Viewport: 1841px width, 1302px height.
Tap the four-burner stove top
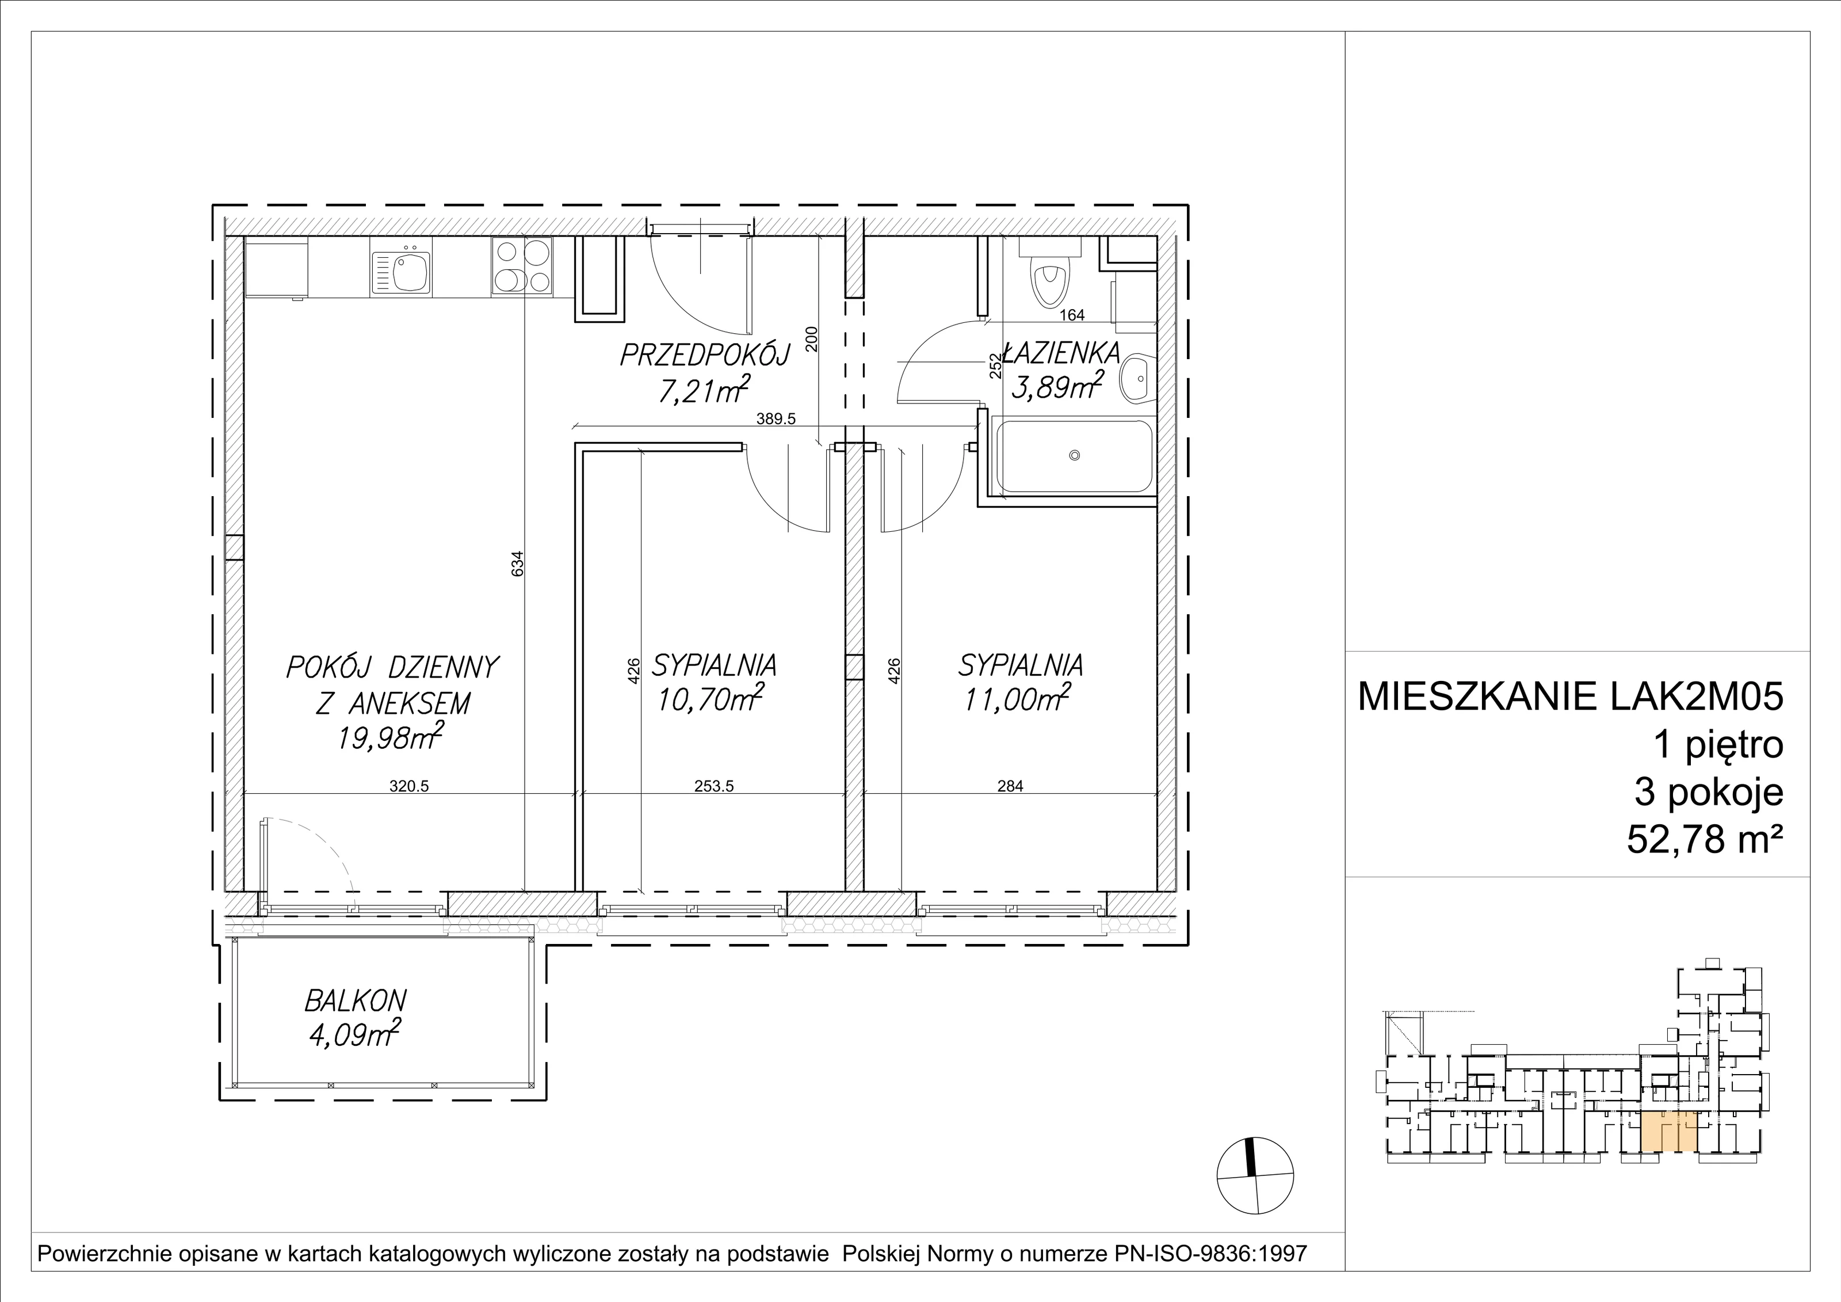[522, 267]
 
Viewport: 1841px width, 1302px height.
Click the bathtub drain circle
[1075, 456]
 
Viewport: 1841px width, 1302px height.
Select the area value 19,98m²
[391, 736]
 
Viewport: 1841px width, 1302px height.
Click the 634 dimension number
[518, 562]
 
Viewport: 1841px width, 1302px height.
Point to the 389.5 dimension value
[776, 418]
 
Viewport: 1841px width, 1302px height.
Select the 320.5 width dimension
[410, 787]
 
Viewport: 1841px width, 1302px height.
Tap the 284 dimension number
[1010, 787]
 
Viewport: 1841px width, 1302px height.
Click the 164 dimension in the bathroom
[1072, 315]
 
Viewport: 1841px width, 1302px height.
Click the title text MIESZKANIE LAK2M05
[1571, 697]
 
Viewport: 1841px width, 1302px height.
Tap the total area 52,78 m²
[1705, 842]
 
